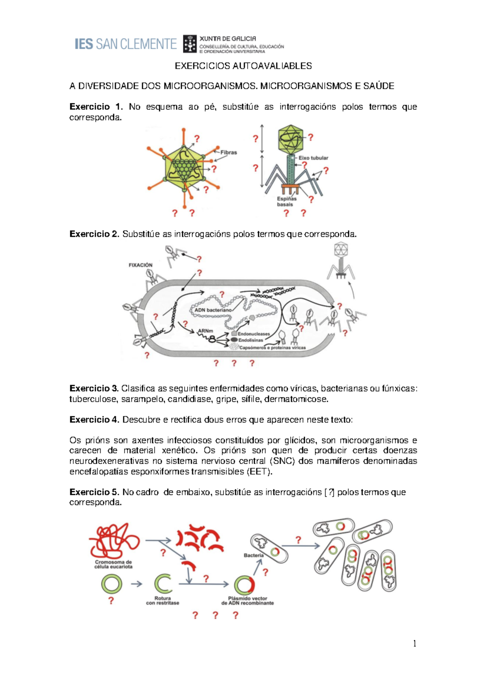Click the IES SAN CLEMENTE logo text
(125, 44)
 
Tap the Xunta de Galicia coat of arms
(190, 44)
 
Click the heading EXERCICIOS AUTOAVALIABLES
(243, 66)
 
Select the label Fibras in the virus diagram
(228, 152)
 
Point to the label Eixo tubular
(313, 158)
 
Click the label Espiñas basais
(287, 201)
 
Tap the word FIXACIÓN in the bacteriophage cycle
(140, 265)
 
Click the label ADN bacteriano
(213, 310)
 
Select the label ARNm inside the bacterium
(205, 331)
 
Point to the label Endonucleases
(254, 334)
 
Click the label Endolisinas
(250, 340)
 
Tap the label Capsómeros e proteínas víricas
(272, 348)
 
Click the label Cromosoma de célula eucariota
(113, 564)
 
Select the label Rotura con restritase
(162, 600)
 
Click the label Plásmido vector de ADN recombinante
(248, 600)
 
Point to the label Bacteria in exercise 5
(254, 555)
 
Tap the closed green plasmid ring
(112, 584)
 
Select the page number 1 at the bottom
(414, 643)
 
